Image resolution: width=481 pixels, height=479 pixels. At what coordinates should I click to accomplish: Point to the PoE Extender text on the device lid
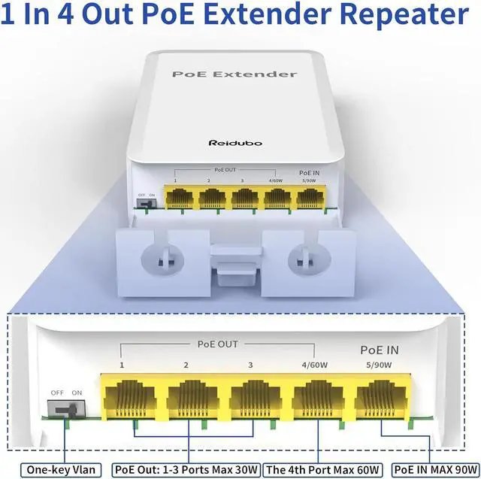[x=234, y=74]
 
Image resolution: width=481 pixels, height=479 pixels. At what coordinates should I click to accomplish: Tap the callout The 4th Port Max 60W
[x=325, y=470]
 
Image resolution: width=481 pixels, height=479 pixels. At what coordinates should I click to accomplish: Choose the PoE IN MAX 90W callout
[x=434, y=470]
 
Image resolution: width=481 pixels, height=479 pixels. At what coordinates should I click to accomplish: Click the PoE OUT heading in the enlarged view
[x=217, y=344]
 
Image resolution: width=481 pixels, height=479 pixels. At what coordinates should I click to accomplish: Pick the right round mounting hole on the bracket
[x=307, y=256]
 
